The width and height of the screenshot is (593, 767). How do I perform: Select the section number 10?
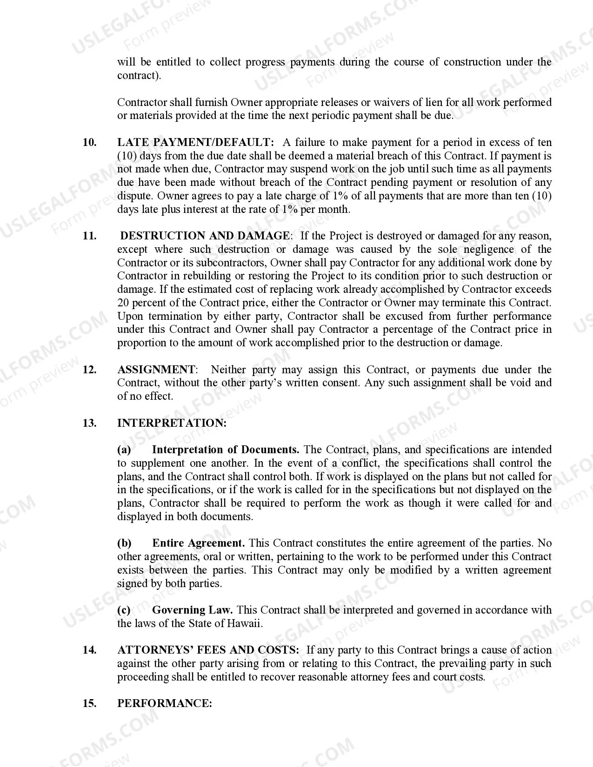coord(89,142)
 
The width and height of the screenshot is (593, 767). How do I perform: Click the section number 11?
coord(89,236)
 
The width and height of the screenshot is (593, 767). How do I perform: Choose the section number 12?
coord(89,370)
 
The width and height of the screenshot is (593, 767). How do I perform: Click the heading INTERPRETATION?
coord(172,423)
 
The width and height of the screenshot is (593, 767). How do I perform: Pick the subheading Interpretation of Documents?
coord(226,450)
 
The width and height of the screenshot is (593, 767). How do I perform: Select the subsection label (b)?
coord(124,543)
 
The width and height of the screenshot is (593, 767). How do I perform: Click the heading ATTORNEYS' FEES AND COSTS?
coord(208,650)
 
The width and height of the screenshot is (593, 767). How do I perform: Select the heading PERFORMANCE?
coord(165,703)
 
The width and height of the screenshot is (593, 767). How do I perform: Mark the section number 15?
coord(89,703)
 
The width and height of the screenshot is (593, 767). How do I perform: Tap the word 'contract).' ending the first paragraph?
coord(139,75)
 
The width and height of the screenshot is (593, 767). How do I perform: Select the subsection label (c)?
coord(124,610)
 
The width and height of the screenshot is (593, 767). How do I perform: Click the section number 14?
coord(89,650)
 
